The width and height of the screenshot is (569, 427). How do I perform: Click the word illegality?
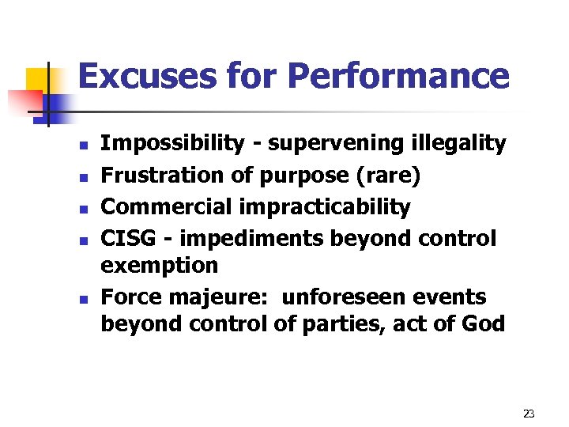point(458,143)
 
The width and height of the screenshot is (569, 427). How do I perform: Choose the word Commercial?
point(168,207)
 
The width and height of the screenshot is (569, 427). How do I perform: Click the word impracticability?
point(325,207)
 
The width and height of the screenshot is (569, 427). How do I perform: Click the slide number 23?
point(529,414)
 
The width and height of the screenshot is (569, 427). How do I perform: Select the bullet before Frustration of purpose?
point(81,178)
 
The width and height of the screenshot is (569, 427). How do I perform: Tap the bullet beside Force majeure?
point(81,300)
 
